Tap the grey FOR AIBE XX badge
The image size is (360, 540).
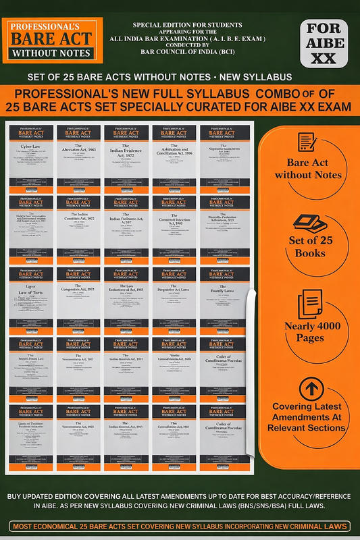tap(324, 43)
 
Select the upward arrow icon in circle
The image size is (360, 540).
tap(310, 388)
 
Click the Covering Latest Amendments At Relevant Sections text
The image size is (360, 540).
tap(310, 421)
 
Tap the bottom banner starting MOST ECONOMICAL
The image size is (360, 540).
tap(180, 526)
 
